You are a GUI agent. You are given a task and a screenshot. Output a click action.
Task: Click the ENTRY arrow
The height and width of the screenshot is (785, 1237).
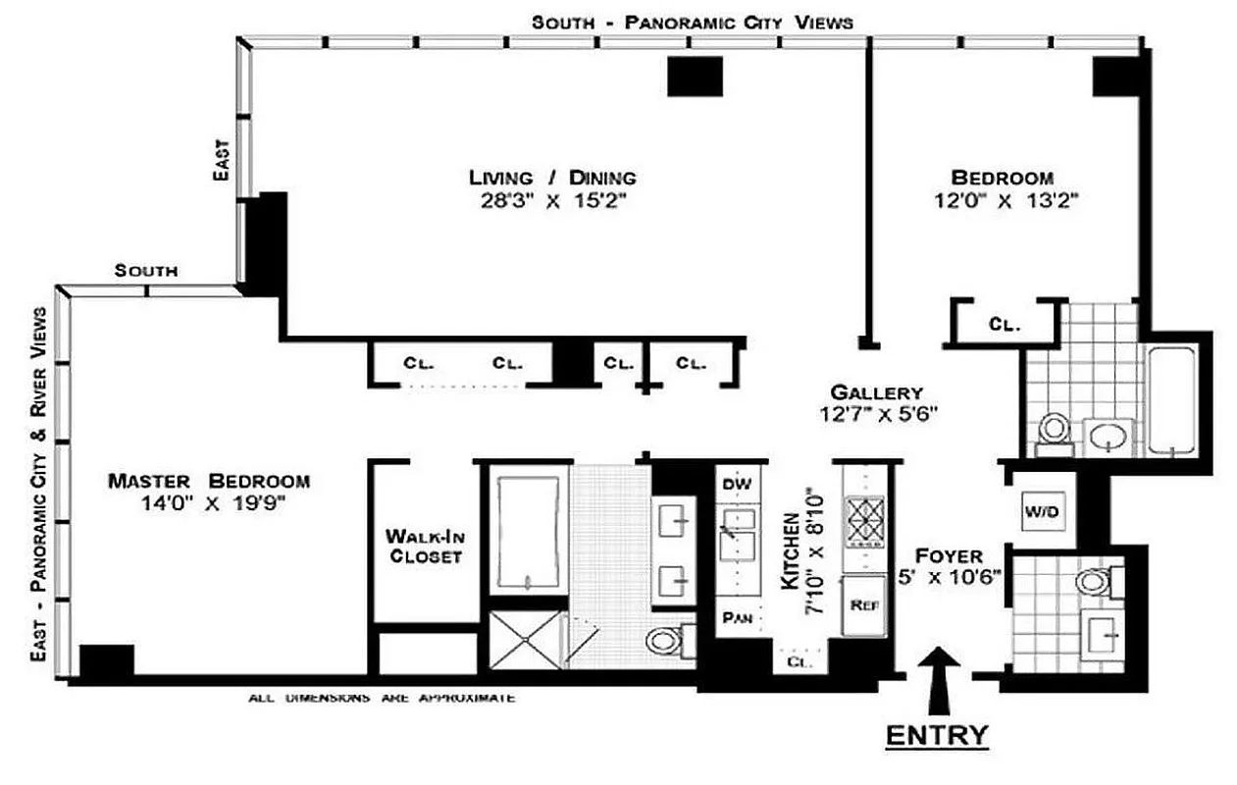coord(940,678)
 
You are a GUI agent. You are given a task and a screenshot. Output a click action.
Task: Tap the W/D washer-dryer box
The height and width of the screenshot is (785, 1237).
coord(1042,511)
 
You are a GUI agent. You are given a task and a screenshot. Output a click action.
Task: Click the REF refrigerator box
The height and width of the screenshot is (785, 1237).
coord(864,605)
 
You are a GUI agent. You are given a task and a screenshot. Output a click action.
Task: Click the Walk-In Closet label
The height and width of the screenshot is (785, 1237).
coord(425,547)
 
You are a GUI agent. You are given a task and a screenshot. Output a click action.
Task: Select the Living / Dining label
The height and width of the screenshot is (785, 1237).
coord(551,178)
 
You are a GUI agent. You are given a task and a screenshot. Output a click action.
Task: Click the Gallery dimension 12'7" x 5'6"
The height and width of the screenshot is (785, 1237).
coord(880,413)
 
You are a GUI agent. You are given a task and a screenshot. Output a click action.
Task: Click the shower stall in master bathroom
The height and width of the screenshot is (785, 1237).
coord(528,641)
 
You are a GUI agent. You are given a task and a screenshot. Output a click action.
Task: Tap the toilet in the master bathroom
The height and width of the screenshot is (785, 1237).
coord(666,641)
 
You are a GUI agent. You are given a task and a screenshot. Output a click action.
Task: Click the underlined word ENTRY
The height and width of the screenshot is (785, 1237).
coord(936,735)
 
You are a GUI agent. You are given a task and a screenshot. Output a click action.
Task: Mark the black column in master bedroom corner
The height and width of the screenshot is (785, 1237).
coord(106,661)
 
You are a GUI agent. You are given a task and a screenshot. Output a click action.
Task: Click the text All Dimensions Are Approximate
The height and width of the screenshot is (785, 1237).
coord(382,698)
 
